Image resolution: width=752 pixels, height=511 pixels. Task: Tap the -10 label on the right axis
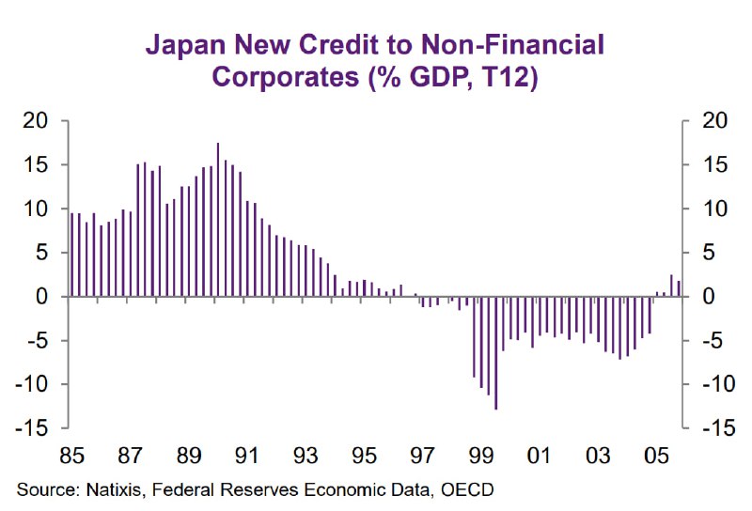pyautogui.click(x=712, y=384)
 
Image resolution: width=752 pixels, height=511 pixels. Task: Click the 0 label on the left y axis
pyautogui.click(x=40, y=297)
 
